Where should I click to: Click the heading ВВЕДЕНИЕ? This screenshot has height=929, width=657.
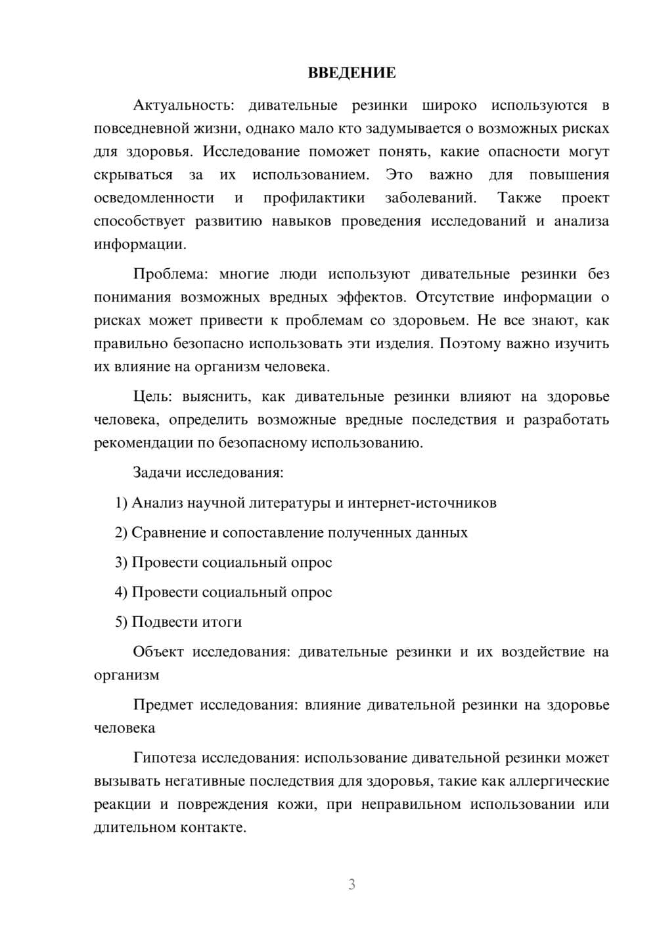[351, 73]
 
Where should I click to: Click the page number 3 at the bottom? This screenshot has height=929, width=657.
[351, 884]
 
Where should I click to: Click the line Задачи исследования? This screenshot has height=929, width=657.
[208, 472]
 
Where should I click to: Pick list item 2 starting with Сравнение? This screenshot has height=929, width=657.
[292, 532]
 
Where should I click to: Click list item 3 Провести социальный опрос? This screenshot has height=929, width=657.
[223, 562]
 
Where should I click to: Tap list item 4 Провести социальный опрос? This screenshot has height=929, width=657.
[223, 592]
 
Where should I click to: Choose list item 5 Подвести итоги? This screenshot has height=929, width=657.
[179, 622]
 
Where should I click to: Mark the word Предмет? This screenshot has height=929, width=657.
[163, 705]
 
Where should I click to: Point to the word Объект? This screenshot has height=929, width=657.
[158, 652]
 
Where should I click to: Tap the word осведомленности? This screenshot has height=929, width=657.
[154, 198]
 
